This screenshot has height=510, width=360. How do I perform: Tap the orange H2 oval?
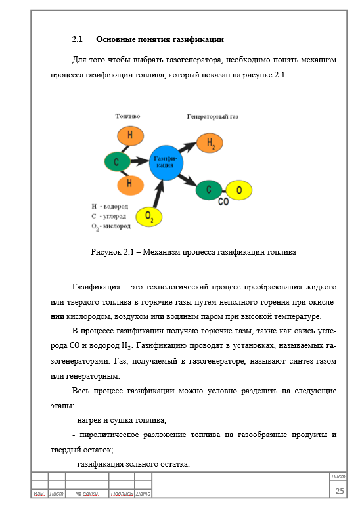click(x=211, y=143)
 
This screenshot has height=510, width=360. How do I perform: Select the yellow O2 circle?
click(x=150, y=216)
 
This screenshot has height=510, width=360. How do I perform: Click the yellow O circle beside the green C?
click(x=238, y=190)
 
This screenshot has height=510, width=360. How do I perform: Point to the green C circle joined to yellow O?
click(x=210, y=190)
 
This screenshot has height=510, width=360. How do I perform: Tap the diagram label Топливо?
click(x=127, y=116)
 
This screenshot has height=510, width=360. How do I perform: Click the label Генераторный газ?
click(x=212, y=116)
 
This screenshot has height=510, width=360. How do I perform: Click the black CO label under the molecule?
click(x=223, y=202)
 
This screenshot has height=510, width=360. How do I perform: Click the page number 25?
click(x=340, y=492)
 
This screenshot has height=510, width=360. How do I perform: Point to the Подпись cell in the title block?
click(x=122, y=494)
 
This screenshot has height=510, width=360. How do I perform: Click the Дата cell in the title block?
click(x=143, y=494)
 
